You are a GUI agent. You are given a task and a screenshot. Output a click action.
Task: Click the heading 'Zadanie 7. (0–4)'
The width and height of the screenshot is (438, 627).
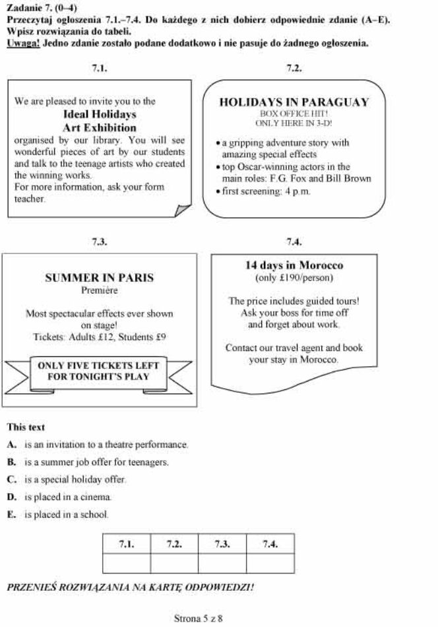click(42, 8)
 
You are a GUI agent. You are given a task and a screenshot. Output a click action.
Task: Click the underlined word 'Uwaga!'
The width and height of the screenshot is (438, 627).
click(23, 43)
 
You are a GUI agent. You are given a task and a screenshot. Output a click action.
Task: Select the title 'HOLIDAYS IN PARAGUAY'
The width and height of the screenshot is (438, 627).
click(294, 102)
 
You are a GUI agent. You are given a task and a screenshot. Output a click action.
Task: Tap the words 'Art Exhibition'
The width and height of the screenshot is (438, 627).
click(100, 127)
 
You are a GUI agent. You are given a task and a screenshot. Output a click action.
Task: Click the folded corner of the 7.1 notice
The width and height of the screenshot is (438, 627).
click(182, 210)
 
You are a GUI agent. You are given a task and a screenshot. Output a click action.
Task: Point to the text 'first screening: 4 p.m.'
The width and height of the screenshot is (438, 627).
click(266, 191)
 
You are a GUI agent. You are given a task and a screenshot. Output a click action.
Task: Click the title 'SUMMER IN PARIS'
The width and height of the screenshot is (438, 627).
click(100, 277)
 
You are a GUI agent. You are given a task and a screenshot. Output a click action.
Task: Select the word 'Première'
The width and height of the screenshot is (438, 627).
click(100, 290)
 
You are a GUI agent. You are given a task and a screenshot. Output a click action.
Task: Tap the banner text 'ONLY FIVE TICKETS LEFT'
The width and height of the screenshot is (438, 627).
click(98, 365)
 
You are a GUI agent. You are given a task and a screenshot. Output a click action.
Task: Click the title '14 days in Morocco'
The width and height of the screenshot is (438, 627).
click(294, 265)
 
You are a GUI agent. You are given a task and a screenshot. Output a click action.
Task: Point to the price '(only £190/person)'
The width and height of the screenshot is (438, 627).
click(294, 277)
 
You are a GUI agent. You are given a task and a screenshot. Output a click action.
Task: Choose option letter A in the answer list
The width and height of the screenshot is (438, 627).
click(12, 444)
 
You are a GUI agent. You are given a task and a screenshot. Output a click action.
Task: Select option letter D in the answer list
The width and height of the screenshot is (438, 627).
click(12, 496)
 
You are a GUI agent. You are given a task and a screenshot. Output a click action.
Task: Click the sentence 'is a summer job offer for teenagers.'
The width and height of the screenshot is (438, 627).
click(97, 462)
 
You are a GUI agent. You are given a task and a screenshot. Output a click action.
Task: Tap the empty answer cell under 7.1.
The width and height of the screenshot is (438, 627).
click(127, 564)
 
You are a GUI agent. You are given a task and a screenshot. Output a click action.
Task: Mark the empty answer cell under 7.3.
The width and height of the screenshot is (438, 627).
click(222, 564)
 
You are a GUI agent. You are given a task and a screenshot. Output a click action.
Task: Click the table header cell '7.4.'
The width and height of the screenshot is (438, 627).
click(270, 544)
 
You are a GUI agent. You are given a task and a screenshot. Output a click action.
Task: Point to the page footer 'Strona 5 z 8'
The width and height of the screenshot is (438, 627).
click(198, 618)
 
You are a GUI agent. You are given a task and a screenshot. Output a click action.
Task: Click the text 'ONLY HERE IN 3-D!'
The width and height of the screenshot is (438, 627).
click(294, 123)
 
